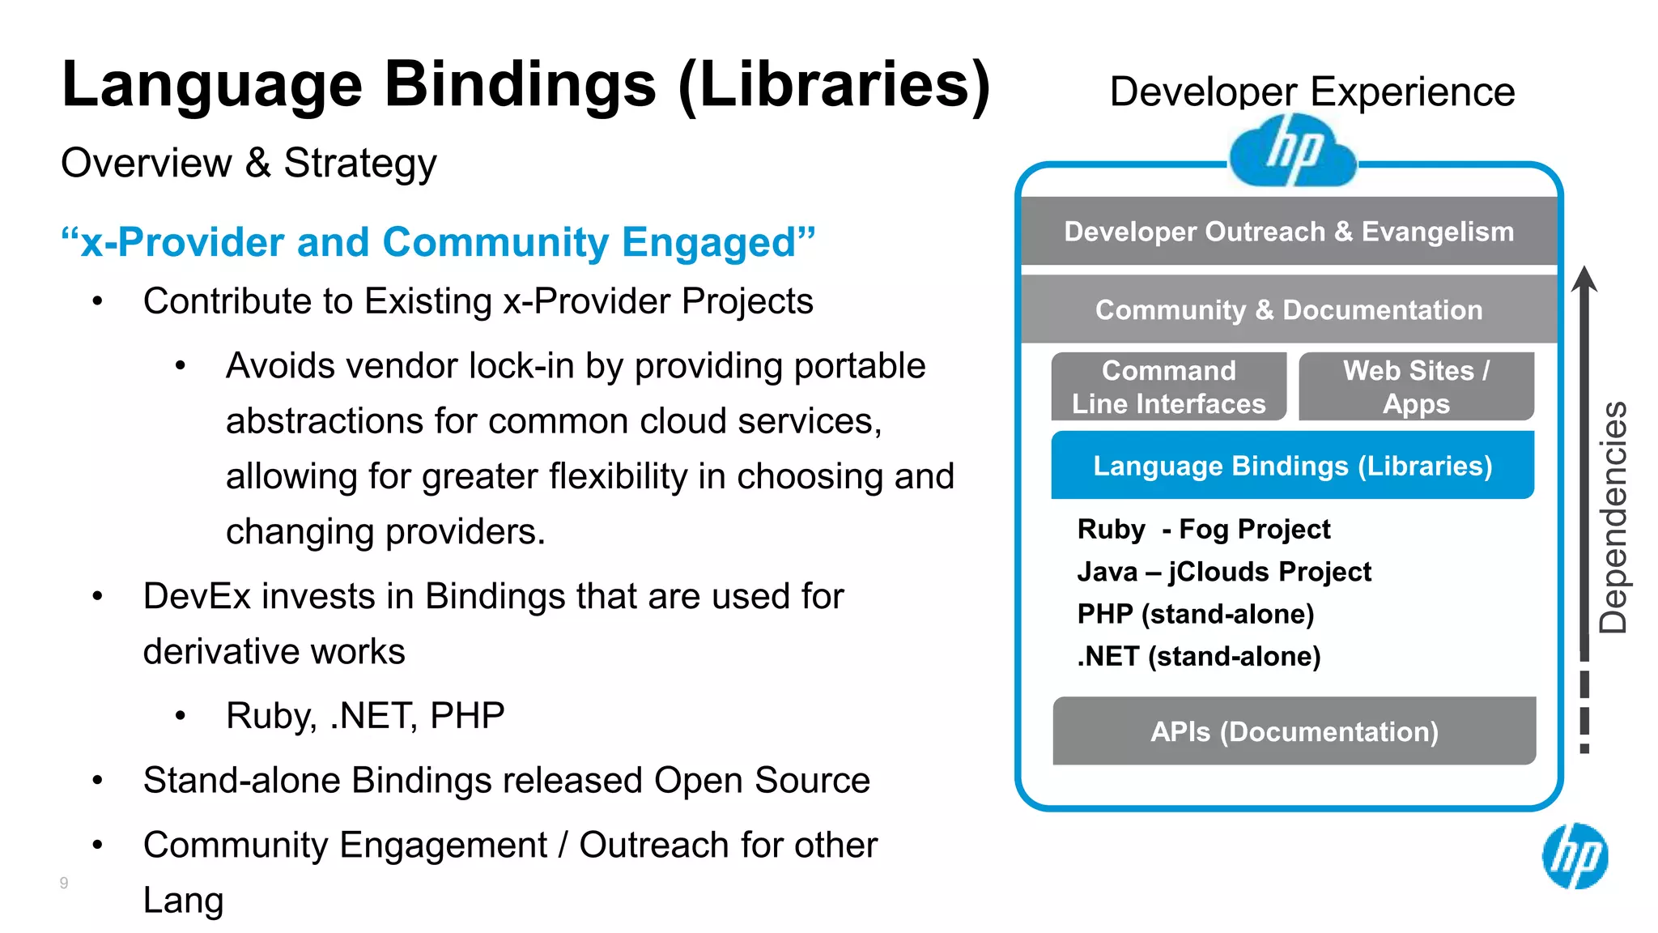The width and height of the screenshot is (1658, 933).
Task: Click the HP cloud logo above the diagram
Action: [x=1292, y=151]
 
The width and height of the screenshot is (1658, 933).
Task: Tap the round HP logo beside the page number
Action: [x=1575, y=856]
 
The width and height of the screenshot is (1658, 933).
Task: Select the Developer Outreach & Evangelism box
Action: [x=1289, y=232]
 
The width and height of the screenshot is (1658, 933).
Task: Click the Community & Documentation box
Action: [x=1289, y=310]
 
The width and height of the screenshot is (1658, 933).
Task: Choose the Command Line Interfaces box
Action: [x=1168, y=387]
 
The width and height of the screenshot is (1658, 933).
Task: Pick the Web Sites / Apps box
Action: [x=1416, y=387]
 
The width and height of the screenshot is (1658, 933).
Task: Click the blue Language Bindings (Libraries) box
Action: [x=1292, y=466]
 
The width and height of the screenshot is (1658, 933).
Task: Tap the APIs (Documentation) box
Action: [x=1294, y=731]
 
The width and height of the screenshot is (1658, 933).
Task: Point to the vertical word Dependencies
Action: [x=1613, y=518]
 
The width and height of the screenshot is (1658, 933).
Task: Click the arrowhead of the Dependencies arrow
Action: [x=1584, y=279]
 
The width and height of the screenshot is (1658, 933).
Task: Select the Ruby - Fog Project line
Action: [x=1203, y=530]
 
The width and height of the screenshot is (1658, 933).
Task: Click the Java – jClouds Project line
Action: [x=1224, y=572]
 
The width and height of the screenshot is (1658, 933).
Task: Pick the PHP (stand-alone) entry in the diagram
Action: [x=1195, y=614]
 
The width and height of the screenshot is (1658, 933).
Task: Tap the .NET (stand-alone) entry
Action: [x=1198, y=656]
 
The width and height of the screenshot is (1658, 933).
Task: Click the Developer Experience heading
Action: [x=1312, y=92]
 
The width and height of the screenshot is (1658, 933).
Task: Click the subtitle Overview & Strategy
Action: [x=249, y=163]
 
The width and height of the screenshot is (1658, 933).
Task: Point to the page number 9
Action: [x=64, y=883]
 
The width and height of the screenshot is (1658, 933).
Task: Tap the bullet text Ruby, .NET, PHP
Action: [x=365, y=716]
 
